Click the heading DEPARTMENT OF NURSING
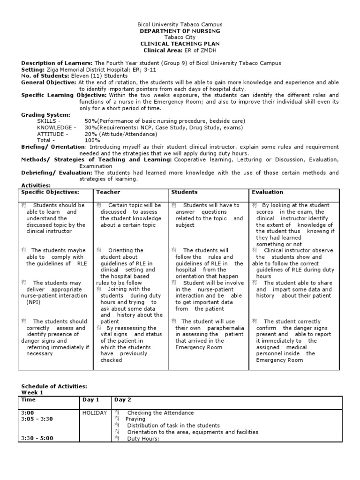click(x=180, y=31)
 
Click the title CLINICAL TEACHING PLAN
click(x=180, y=44)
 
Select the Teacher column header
click(x=108, y=192)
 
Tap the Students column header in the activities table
click(x=184, y=192)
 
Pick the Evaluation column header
click(x=267, y=192)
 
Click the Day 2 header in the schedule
click(x=122, y=400)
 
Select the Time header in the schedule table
click(x=28, y=400)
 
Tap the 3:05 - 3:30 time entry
click(x=37, y=419)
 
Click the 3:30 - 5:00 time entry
click(x=37, y=439)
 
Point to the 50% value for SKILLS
click(x=90, y=121)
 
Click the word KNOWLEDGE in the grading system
click(x=54, y=127)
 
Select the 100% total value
click(x=92, y=140)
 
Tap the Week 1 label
click(x=32, y=392)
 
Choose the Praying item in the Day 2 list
click(x=135, y=419)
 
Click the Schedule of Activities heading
click(x=54, y=386)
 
